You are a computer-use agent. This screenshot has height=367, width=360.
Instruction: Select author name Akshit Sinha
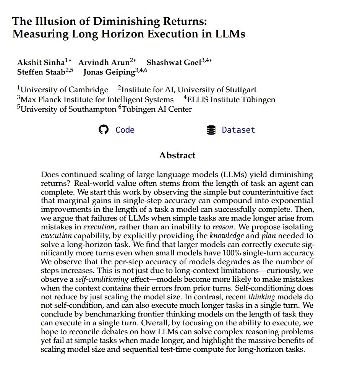pos(41,62)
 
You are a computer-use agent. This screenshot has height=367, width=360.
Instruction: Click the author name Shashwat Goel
pos(174,62)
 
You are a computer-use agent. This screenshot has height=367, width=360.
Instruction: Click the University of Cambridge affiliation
pos(64,90)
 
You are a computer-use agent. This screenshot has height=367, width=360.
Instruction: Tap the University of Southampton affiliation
pos(68,109)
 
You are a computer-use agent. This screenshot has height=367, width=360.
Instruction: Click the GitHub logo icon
pos(104,130)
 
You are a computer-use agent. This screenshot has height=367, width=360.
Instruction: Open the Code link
pos(125,130)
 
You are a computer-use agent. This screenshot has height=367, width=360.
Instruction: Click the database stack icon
pos(211,130)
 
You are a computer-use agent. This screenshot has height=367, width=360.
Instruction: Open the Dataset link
pos(238,130)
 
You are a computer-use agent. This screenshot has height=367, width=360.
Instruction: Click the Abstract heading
pos(177,155)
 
